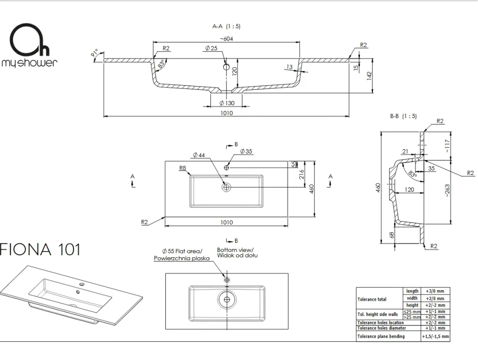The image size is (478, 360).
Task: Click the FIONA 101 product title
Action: tap(40, 250)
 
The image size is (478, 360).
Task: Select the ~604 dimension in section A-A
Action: tap(226, 39)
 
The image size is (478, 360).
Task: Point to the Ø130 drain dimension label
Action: tap(227, 103)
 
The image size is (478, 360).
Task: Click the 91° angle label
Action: tap(95, 53)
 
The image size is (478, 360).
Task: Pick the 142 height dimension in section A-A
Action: tap(369, 76)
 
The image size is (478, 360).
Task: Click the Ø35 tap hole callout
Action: tap(246, 151)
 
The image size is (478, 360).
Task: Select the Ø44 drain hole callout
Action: tap(199, 155)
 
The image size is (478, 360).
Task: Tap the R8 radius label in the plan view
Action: tap(182, 168)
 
